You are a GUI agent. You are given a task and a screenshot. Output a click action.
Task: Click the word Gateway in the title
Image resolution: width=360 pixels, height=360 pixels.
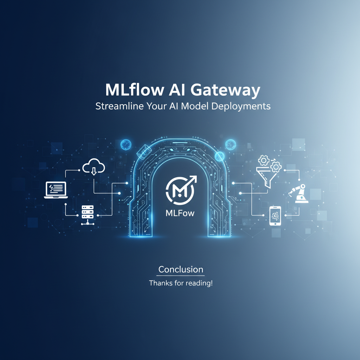[x=225, y=90]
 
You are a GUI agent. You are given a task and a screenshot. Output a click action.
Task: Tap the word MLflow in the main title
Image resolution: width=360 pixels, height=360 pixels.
[x=135, y=90]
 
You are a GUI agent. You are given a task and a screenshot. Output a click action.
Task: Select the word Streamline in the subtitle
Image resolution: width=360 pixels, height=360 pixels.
[x=120, y=106]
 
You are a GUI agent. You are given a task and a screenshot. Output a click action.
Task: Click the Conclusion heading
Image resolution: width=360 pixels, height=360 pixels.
[x=181, y=269]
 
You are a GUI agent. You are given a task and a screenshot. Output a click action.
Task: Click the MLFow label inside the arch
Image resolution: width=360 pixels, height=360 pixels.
[x=180, y=213]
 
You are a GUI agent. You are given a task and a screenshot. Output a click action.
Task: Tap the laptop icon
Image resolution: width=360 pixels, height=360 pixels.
[x=56, y=190]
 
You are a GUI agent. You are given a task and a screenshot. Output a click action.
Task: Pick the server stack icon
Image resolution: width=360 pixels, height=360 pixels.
[x=88, y=215]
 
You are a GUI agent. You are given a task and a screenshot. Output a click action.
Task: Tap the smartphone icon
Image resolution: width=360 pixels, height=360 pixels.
[x=275, y=216]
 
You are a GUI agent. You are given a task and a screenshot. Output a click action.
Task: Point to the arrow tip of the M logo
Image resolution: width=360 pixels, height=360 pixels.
[x=196, y=176]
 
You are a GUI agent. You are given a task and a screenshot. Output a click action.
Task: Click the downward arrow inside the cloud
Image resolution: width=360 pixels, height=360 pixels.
[x=94, y=171]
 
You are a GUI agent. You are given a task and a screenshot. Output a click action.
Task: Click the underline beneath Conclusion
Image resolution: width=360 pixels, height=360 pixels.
[x=181, y=276]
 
